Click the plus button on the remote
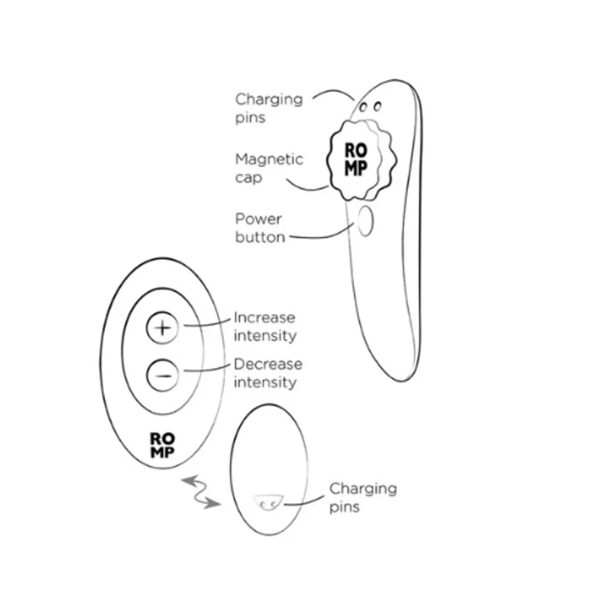tap(162, 327)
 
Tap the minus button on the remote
tap(162, 375)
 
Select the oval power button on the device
tap(365, 221)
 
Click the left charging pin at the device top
tap(364, 107)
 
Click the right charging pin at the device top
tap(377, 106)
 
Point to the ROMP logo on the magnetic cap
tap(356, 159)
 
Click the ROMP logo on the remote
tap(162, 445)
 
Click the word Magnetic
tap(269, 159)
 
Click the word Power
tap(259, 219)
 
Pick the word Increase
tap(264, 318)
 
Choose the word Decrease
tap(268, 365)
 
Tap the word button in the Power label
tap(260, 237)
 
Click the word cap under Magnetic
tap(248, 178)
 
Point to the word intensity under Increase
tap(265, 336)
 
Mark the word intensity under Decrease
tap(265, 382)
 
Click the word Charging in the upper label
tap(269, 100)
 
